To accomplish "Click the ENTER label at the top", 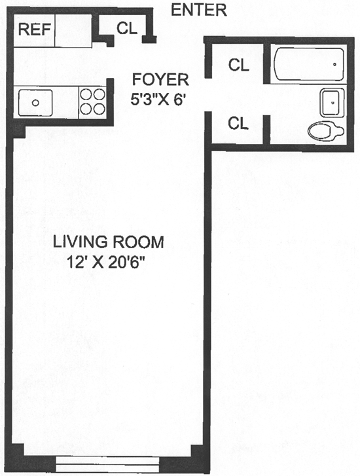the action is (199, 10).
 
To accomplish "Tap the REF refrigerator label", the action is (34, 29).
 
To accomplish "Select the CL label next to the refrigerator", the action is (127, 28).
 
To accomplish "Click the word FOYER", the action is (160, 79).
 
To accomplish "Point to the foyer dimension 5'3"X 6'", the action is (158, 99).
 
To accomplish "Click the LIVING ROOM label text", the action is (109, 242).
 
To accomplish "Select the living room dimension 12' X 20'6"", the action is (105, 262).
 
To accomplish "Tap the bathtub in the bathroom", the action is (309, 64).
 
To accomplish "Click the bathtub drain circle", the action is (335, 64).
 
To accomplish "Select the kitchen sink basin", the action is (35, 103).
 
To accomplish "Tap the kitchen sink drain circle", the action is (35, 103).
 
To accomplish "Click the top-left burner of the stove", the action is (86, 95).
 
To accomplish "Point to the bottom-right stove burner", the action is (99, 109).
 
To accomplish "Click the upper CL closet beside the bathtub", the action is (239, 65).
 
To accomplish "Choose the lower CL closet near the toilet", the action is (238, 123).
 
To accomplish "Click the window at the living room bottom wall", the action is (107, 464).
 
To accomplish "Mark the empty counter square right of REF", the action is (73, 30).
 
